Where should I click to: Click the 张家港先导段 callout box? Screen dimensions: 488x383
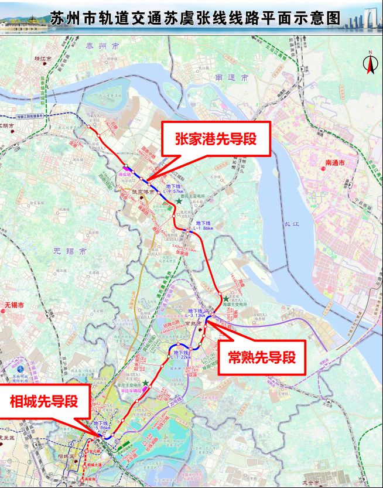point(216,139)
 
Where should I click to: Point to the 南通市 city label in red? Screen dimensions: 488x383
point(337,163)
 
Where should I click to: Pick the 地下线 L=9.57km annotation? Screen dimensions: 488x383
point(175,189)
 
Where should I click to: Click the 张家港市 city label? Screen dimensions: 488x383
point(142,191)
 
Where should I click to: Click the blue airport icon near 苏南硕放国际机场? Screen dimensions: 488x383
point(22,370)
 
